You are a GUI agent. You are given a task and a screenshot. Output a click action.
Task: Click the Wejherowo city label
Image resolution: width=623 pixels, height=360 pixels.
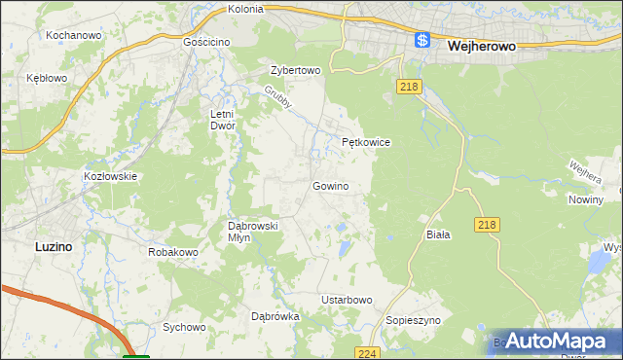[x=480, y=45]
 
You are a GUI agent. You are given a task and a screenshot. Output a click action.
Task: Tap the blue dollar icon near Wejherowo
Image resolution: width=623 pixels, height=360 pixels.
[x=421, y=40]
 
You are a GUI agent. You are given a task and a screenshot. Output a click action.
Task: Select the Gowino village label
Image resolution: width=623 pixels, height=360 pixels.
[x=330, y=185]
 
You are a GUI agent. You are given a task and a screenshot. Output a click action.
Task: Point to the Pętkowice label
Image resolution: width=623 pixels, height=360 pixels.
[x=366, y=142]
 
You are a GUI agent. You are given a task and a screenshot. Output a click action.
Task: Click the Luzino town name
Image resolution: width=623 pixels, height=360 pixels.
[x=53, y=247]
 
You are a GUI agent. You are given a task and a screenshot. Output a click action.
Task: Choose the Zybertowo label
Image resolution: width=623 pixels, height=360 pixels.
[x=295, y=71]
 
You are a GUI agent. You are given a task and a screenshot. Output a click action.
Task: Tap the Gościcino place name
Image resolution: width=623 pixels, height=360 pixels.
[x=205, y=44]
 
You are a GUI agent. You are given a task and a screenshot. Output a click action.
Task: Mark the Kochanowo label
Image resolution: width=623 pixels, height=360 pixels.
[x=75, y=35]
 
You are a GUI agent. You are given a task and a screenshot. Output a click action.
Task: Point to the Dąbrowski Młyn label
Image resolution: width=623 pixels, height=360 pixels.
[x=253, y=232]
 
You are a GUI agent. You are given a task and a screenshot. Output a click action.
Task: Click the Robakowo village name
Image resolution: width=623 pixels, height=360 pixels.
[x=173, y=252]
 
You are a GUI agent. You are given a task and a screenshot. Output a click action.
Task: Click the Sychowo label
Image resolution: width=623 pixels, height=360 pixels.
[x=185, y=328]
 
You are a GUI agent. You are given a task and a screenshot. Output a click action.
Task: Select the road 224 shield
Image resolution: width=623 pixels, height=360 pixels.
[x=367, y=352]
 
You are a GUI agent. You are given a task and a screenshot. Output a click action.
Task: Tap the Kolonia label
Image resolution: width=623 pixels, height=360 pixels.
[x=245, y=9]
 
